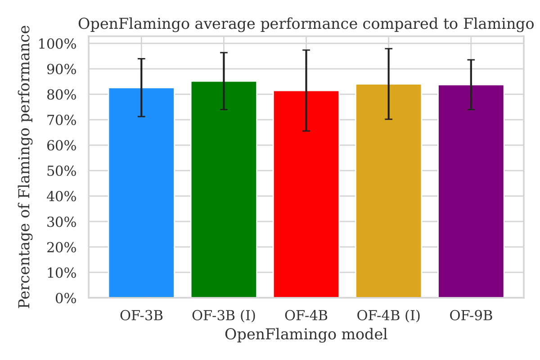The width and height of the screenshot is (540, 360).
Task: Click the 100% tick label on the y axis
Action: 57,44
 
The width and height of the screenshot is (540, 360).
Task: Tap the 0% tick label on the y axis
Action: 65,298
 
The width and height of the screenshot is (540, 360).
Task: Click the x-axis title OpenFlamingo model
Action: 306,335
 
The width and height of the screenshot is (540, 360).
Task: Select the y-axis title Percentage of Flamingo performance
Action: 25,166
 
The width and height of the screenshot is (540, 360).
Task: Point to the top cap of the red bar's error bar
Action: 306,50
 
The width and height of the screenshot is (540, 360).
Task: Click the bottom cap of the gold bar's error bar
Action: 388,119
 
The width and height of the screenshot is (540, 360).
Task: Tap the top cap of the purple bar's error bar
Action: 471,60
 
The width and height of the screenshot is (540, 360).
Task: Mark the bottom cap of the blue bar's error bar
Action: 141,117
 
